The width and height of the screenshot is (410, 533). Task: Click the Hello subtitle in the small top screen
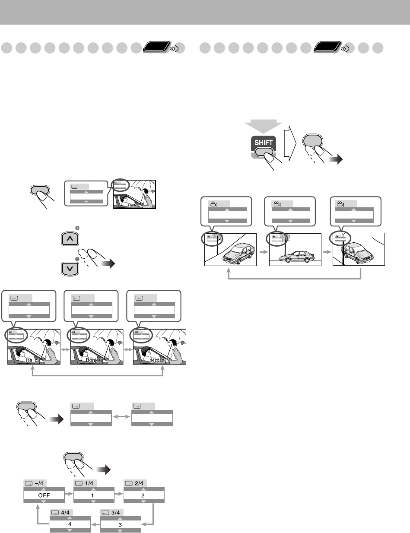point(133,206)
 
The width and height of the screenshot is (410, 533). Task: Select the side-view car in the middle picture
point(296,258)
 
